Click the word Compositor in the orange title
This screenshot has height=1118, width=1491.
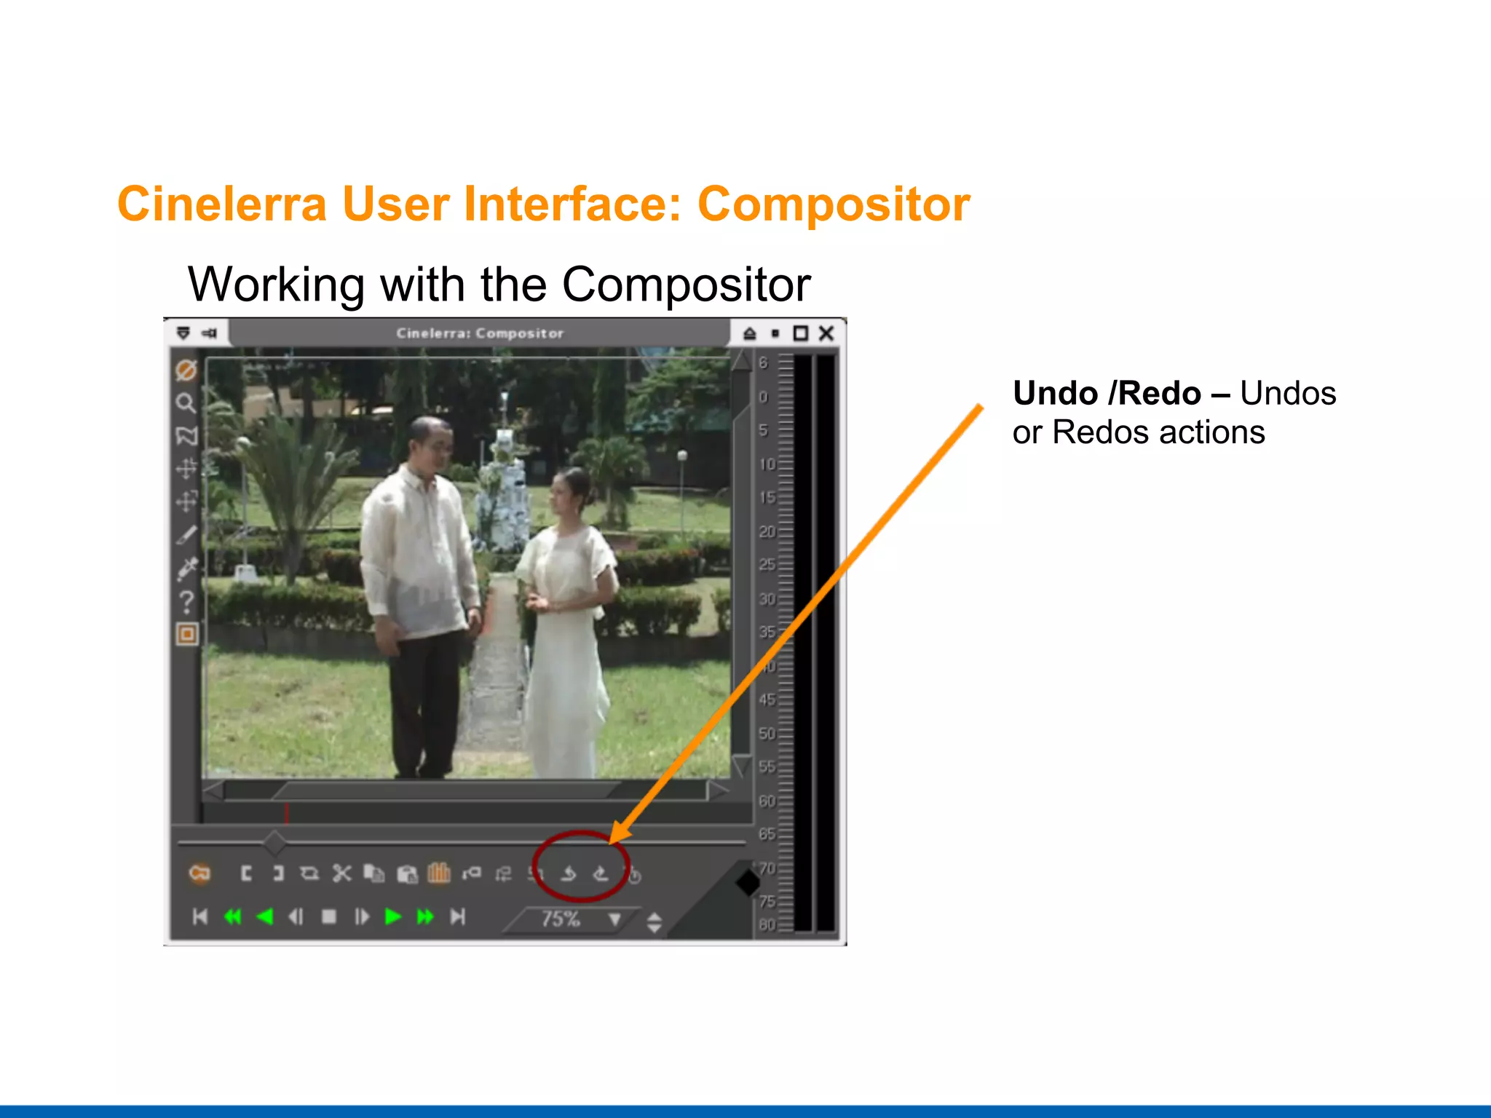tap(833, 205)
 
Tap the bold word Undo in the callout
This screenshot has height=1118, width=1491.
tap(1055, 394)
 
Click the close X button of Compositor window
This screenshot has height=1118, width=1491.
tap(826, 333)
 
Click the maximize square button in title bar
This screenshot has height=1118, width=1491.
tap(800, 333)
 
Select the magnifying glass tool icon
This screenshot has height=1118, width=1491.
tap(186, 403)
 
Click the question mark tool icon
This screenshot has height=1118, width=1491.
tap(186, 601)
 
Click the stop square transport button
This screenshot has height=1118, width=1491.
tap(329, 916)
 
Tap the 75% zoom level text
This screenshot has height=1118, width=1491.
tap(560, 919)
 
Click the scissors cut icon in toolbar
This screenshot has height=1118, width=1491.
tap(341, 873)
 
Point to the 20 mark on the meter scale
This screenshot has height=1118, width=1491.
tap(767, 532)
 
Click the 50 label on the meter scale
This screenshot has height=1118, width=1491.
tap(767, 734)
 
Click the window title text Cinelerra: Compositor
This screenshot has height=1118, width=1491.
tap(480, 333)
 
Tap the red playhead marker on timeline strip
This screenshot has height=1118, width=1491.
tap(287, 814)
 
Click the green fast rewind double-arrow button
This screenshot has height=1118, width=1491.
tap(233, 916)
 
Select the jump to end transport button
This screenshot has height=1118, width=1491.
tap(457, 916)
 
